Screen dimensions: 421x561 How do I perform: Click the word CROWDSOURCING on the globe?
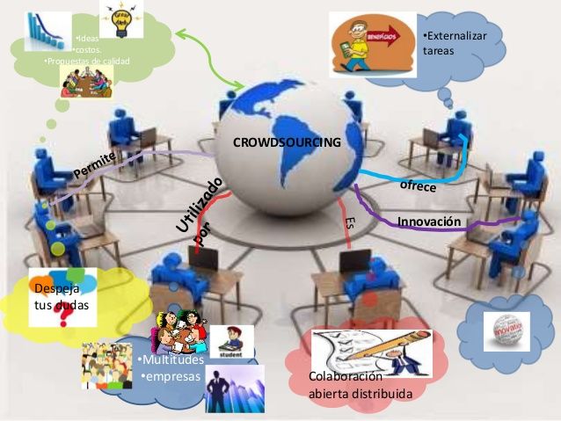(x=286, y=142)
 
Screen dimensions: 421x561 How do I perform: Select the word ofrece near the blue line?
(x=418, y=185)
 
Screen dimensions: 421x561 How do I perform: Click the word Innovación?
(x=429, y=221)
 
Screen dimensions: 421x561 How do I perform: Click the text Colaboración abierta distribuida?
(x=360, y=385)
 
